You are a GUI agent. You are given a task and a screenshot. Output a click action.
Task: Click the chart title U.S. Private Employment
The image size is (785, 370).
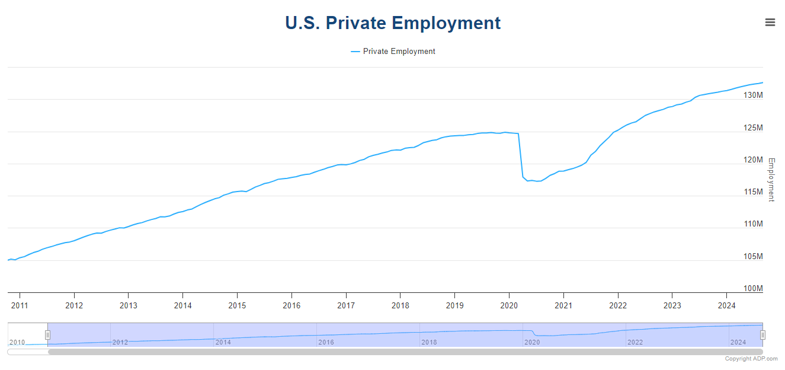tap(392, 23)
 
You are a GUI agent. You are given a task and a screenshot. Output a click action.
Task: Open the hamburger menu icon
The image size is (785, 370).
tap(770, 23)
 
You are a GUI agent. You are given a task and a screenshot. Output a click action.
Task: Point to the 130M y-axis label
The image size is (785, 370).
tap(753, 95)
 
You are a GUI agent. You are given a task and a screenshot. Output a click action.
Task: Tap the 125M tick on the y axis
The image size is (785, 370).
tap(753, 128)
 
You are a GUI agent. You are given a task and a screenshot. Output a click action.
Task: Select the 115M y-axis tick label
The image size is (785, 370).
tap(753, 192)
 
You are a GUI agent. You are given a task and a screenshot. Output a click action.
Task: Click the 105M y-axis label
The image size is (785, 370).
tap(753, 257)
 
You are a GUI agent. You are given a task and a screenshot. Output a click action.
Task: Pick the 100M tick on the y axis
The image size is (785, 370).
tap(753, 289)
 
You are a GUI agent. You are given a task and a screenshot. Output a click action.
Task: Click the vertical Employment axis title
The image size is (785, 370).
tap(771, 180)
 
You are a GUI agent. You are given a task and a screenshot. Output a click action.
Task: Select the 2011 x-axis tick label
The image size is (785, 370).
tap(20, 306)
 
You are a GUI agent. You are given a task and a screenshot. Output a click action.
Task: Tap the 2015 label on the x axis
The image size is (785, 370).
tap(237, 306)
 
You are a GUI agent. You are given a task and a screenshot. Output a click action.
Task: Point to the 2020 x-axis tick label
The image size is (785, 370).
tap(509, 306)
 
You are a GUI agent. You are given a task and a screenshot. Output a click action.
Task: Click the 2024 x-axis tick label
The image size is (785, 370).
tap(726, 306)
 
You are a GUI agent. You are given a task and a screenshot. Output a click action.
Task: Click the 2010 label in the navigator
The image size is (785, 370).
tap(17, 343)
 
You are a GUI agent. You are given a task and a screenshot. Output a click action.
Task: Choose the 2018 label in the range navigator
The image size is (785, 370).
tap(429, 343)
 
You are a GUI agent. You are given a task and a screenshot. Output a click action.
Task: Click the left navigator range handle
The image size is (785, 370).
tap(48, 335)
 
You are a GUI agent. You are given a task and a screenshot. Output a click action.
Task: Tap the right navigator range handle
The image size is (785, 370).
tap(763, 335)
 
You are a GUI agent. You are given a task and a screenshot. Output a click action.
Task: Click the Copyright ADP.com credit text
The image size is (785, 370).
tap(751, 359)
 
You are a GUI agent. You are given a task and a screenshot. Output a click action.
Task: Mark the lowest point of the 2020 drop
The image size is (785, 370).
tap(537, 181)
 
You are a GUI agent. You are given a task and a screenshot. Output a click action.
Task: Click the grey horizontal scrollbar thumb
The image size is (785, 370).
tap(405, 352)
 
